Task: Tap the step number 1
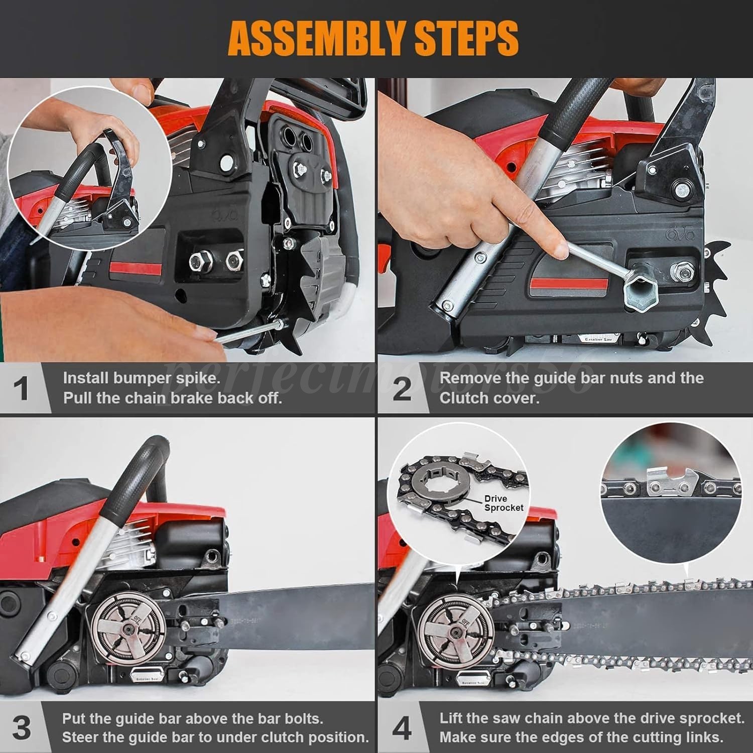pyautogui.click(x=21, y=389)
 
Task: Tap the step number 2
pyautogui.click(x=401, y=389)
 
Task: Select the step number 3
pyautogui.click(x=21, y=728)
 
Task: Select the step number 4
pyautogui.click(x=401, y=728)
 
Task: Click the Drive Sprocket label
pyautogui.click(x=503, y=503)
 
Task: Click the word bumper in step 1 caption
pyautogui.click(x=141, y=378)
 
